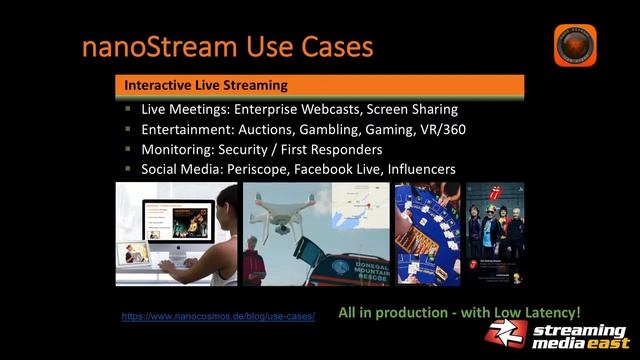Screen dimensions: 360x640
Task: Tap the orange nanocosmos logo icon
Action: (575, 46)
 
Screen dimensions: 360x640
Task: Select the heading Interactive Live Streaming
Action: (205, 85)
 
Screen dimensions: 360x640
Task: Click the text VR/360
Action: (443, 129)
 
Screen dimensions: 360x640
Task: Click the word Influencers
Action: (415, 169)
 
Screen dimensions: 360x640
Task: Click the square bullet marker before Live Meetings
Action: (128, 109)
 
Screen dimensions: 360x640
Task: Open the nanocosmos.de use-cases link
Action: (218, 316)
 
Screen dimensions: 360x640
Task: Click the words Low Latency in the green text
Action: (535, 312)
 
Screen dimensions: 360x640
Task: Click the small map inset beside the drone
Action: (357, 212)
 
